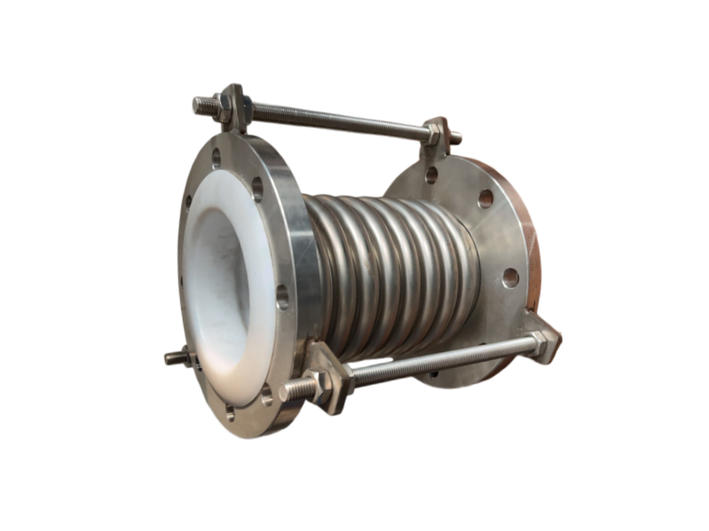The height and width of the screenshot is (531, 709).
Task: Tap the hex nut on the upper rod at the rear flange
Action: pyautogui.click(x=434, y=135)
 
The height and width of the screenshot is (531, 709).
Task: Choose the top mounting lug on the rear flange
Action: pyautogui.click(x=437, y=142)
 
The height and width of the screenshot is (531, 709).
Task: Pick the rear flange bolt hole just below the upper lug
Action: pyautogui.click(x=432, y=176)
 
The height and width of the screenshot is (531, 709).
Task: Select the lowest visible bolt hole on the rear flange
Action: pyautogui.click(x=511, y=277)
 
